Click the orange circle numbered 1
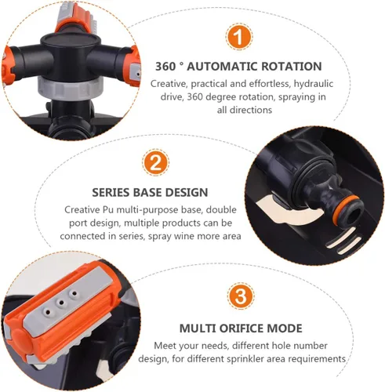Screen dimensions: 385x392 239,37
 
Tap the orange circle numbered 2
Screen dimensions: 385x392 156,162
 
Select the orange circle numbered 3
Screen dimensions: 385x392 241,296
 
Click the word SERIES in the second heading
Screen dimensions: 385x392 111,193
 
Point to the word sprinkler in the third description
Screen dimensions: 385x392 247,359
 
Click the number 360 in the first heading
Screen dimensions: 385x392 165,67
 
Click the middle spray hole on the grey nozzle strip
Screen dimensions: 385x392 61,303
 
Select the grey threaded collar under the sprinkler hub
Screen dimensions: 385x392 69,88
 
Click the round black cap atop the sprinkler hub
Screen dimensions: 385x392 71,40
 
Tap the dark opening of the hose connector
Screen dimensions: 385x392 354,211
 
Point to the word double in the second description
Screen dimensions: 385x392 222,210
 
